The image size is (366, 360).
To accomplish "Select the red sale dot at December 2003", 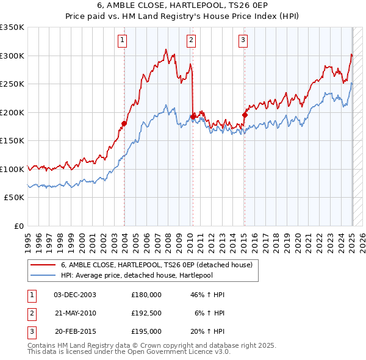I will tap(124, 124).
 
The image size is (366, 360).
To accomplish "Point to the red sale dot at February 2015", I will tap(245, 115).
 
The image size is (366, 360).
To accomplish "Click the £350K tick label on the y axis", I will tap(12, 27).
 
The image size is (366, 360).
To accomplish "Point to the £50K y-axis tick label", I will tap(15, 198).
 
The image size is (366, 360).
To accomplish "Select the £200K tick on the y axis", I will tap(12, 112).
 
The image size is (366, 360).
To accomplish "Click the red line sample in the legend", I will tap(43, 265).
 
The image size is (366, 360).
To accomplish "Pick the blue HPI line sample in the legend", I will tap(43, 275).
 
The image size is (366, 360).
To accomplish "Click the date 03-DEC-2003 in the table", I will tap(74, 295).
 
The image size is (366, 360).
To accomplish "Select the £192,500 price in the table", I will tap(146, 313).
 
